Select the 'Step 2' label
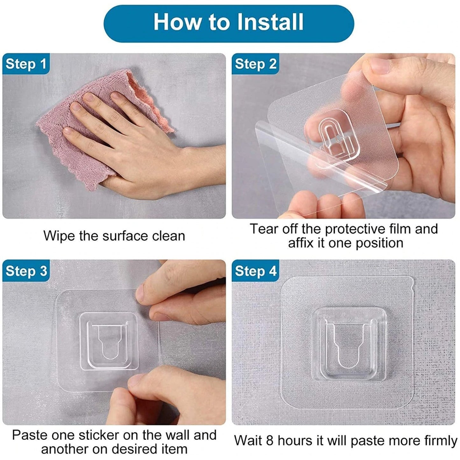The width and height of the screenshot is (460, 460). (255, 64)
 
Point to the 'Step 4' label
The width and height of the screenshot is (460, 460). (255, 271)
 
